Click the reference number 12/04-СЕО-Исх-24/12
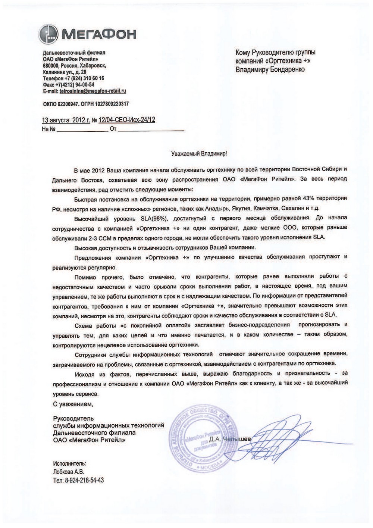pyautogui.click(x=127, y=120)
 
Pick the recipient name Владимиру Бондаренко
pyautogui.click(x=270, y=69)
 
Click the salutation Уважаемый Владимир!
pyautogui.click(x=198, y=153)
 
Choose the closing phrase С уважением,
pyautogui.click(x=72, y=404)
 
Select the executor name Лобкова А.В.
pyautogui.click(x=69, y=472)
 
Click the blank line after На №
pyautogui.click(x=82, y=130)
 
